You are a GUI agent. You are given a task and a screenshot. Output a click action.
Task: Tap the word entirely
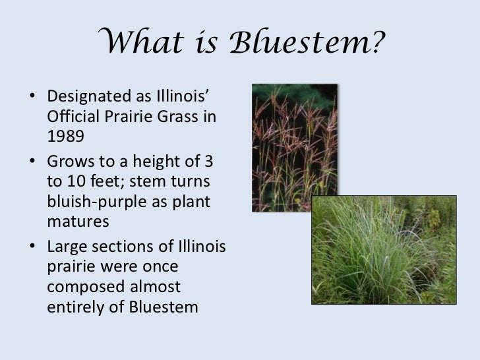coord(76,308)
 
